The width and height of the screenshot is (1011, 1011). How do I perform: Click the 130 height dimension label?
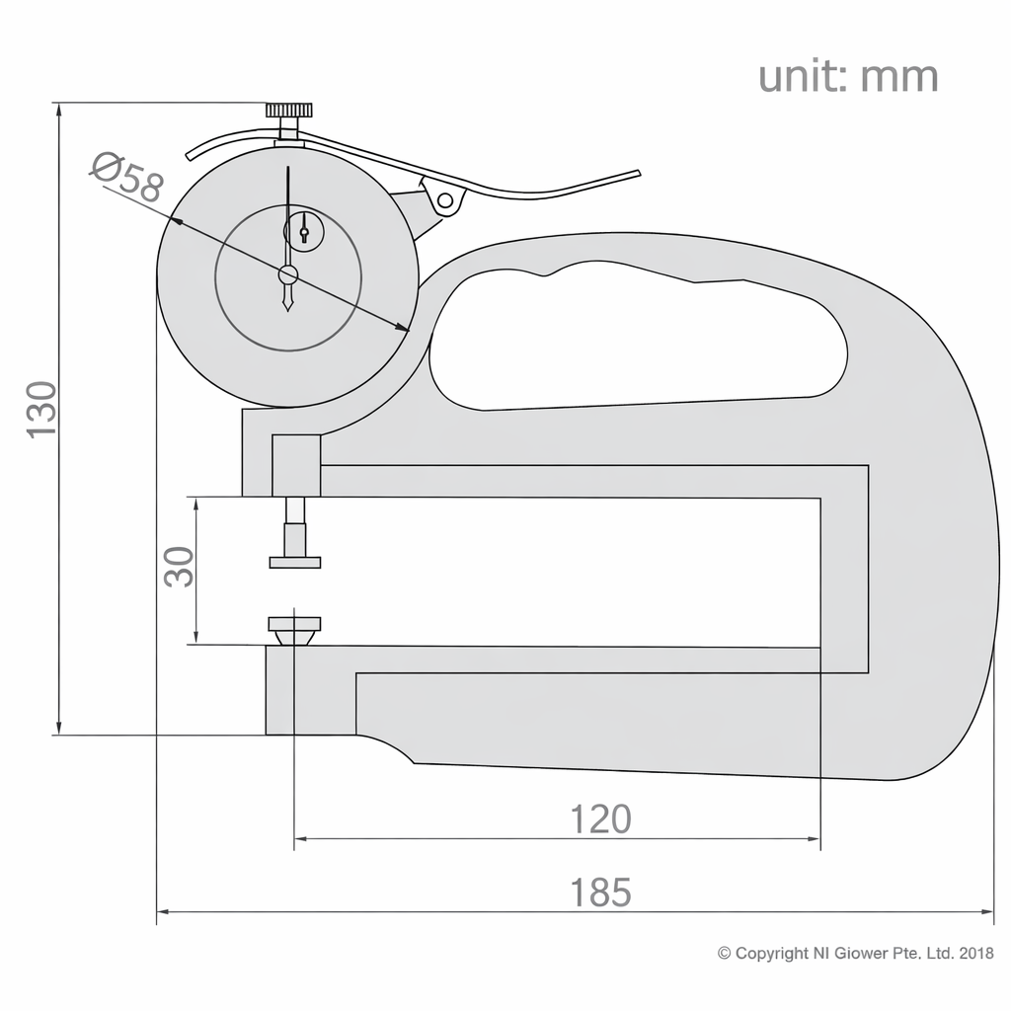click(x=41, y=409)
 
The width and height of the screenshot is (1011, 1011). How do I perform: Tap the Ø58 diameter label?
click(x=126, y=178)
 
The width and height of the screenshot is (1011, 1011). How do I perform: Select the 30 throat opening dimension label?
click(x=179, y=567)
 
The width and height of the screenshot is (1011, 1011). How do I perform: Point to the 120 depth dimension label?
click(x=600, y=818)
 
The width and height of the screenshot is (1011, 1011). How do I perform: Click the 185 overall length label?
click(x=600, y=892)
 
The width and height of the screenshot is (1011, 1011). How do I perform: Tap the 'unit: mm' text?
click(x=847, y=76)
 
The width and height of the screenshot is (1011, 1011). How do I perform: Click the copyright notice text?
click(x=855, y=954)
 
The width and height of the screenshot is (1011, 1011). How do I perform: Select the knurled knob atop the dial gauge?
click(x=289, y=110)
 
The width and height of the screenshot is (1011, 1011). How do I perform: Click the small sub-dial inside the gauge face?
click(x=303, y=232)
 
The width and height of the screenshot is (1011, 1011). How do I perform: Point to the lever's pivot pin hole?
click(x=445, y=201)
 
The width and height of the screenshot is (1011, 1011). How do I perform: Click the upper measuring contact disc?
click(x=295, y=562)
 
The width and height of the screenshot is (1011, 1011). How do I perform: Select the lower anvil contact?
click(x=294, y=626)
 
